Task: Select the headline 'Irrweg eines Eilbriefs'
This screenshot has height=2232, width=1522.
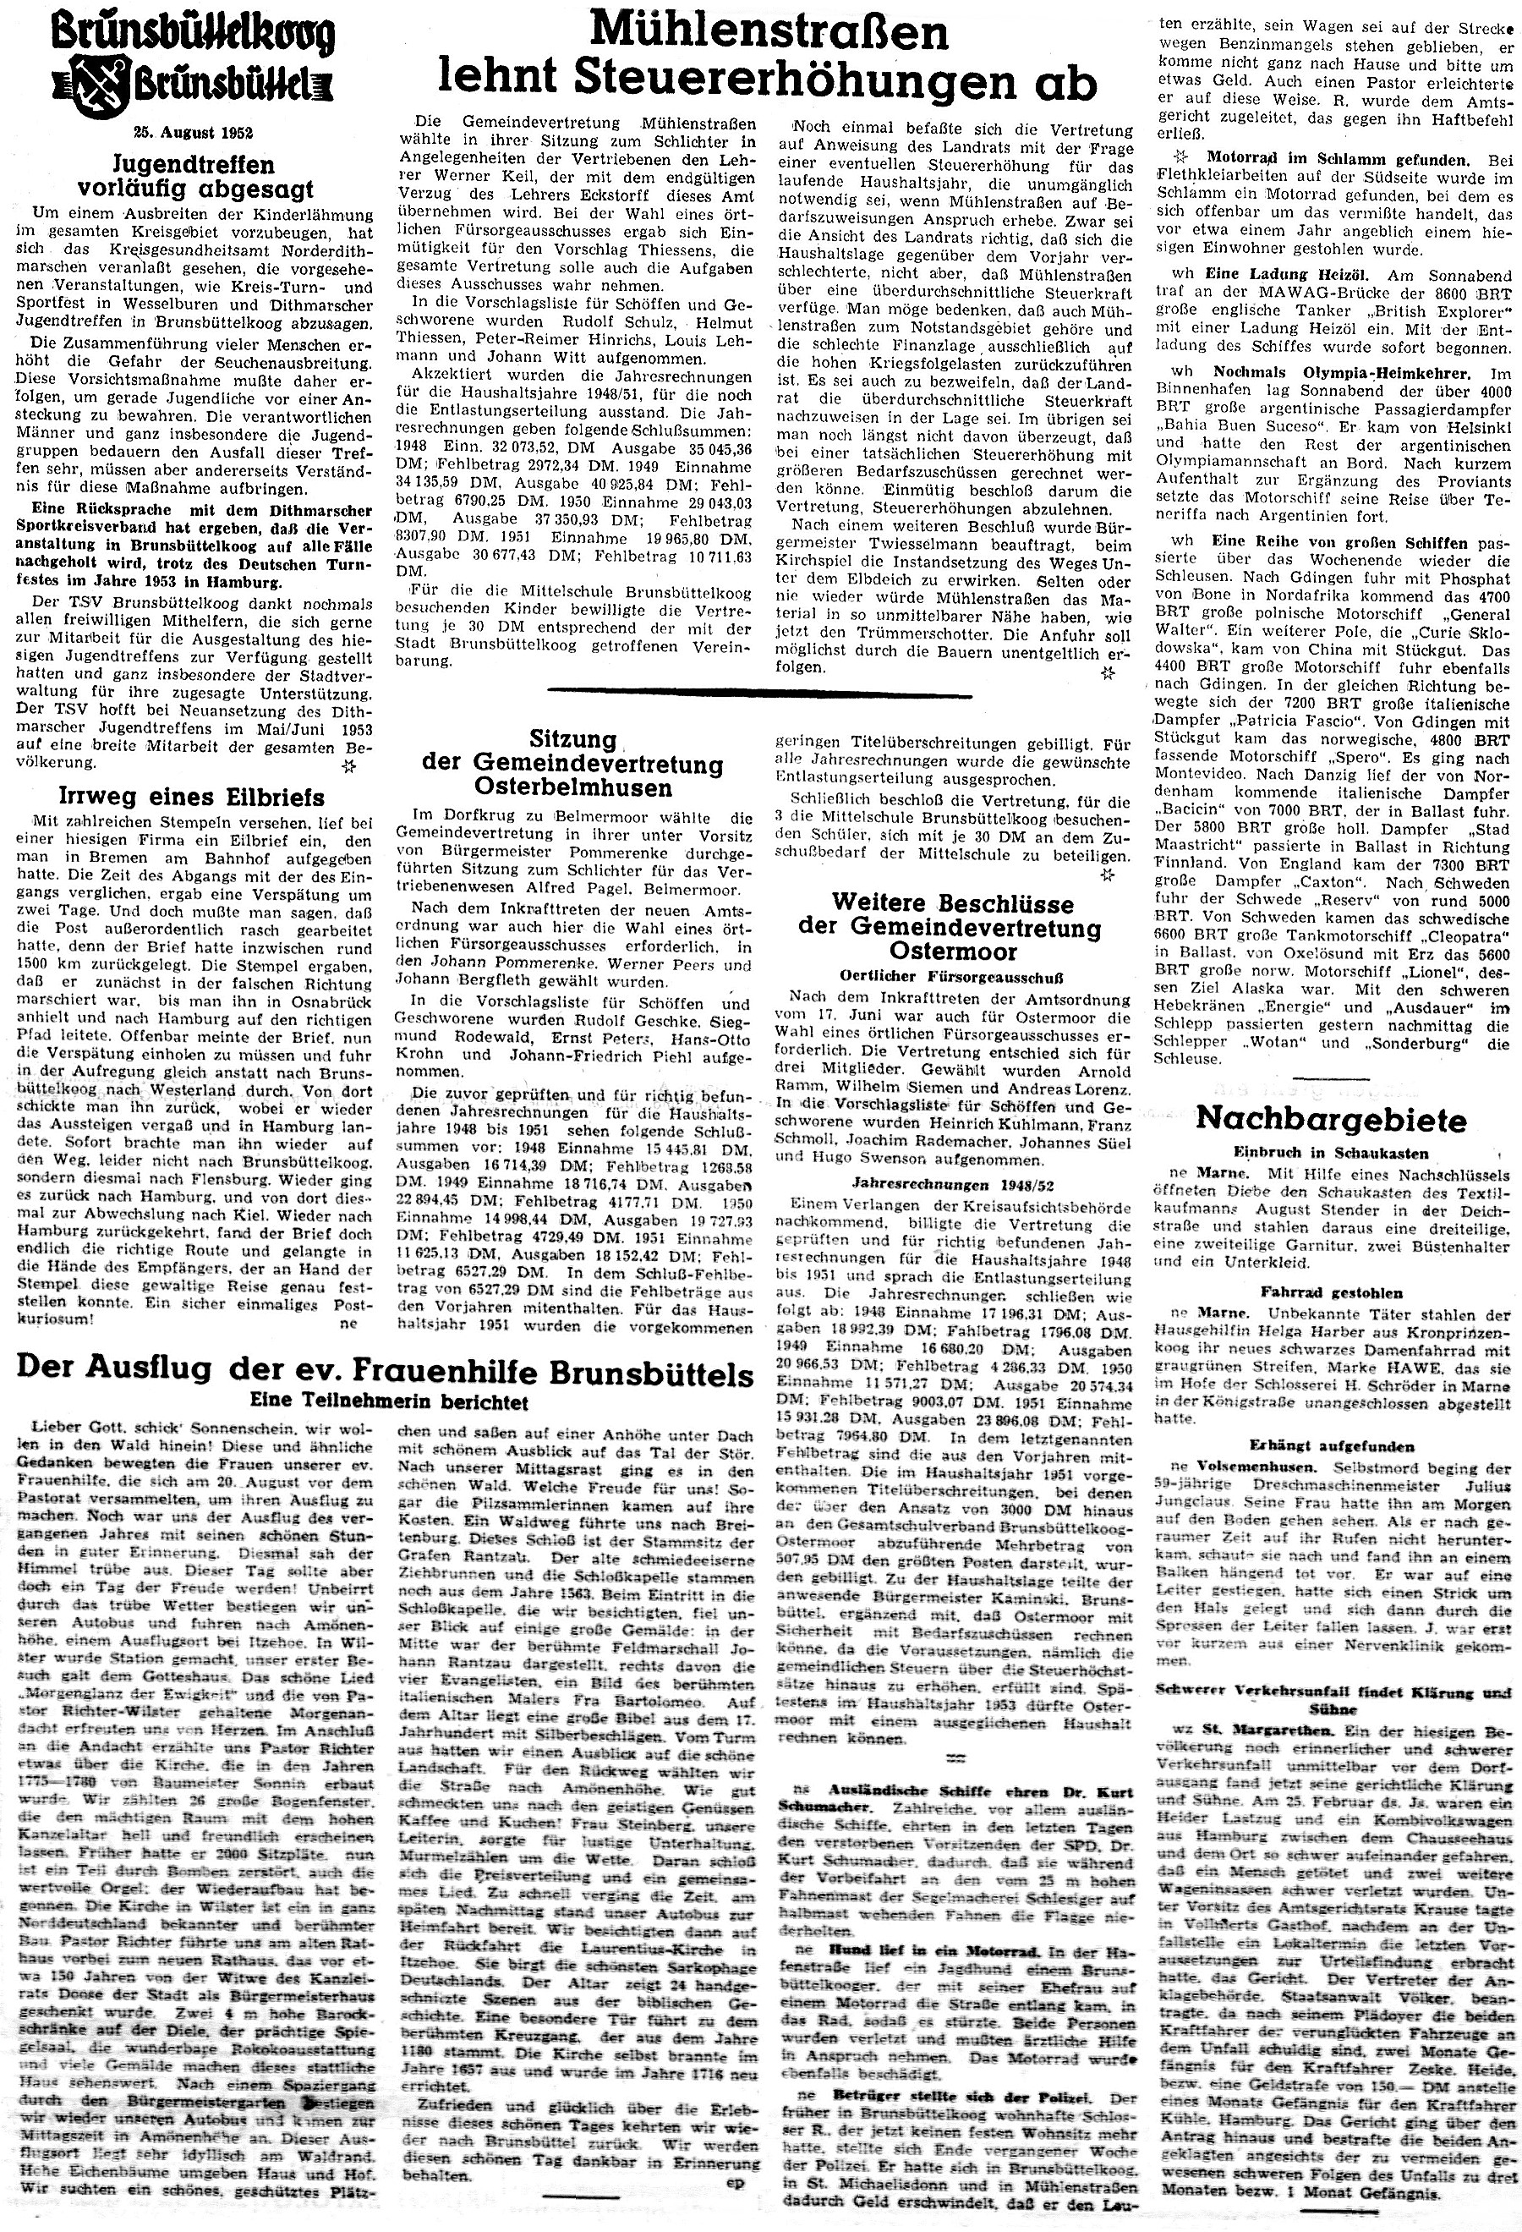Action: coord(178,797)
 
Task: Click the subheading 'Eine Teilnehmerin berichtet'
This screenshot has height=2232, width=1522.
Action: coord(389,1402)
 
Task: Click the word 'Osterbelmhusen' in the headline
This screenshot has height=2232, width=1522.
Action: coord(574,787)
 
